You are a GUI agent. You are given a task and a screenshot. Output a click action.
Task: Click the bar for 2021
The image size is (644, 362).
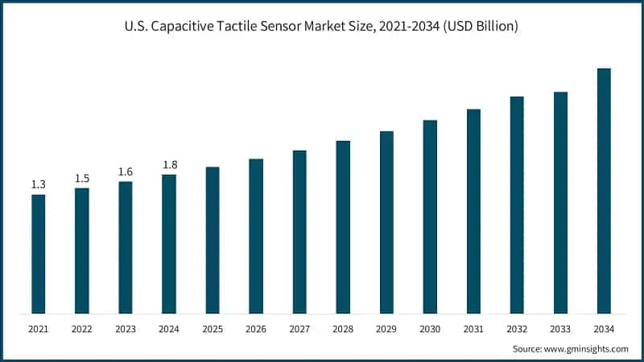(38, 253)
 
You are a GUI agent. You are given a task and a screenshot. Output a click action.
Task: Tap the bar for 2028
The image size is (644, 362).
(343, 227)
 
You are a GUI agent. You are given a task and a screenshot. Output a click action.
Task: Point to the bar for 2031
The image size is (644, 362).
(473, 211)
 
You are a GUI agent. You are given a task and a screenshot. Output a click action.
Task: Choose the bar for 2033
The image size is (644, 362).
(560, 202)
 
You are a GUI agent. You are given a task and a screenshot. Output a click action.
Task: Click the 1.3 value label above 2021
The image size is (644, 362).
(38, 185)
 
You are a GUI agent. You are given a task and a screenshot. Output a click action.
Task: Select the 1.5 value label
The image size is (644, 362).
(81, 179)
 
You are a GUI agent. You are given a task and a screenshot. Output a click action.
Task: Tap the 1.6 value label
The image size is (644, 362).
(125, 171)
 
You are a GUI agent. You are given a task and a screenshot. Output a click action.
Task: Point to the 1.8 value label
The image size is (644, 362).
(169, 165)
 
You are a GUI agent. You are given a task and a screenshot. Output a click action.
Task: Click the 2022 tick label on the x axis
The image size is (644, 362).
(81, 329)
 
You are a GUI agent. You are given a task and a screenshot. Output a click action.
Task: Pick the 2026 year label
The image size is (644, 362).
(256, 329)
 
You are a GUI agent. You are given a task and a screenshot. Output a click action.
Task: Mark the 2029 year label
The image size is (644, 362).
(386, 329)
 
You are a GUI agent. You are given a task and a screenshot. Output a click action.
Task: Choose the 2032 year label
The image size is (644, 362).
(517, 329)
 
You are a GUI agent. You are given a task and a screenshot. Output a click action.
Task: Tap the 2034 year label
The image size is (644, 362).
(604, 329)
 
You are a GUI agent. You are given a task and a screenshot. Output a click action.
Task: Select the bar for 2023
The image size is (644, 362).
(125, 247)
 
